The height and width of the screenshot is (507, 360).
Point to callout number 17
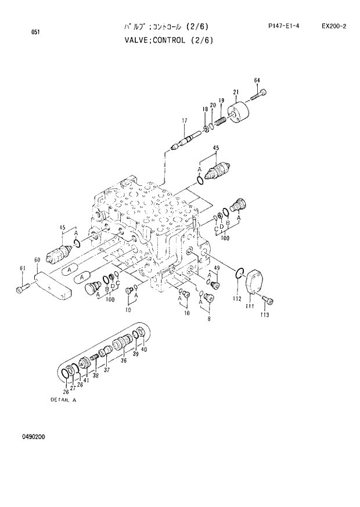(x=185, y=121)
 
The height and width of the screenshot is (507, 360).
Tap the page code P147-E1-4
(x=284, y=26)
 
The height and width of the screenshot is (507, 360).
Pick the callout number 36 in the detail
(x=123, y=361)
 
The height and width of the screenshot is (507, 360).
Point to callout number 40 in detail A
(x=144, y=349)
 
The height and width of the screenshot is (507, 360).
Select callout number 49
(x=216, y=268)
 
